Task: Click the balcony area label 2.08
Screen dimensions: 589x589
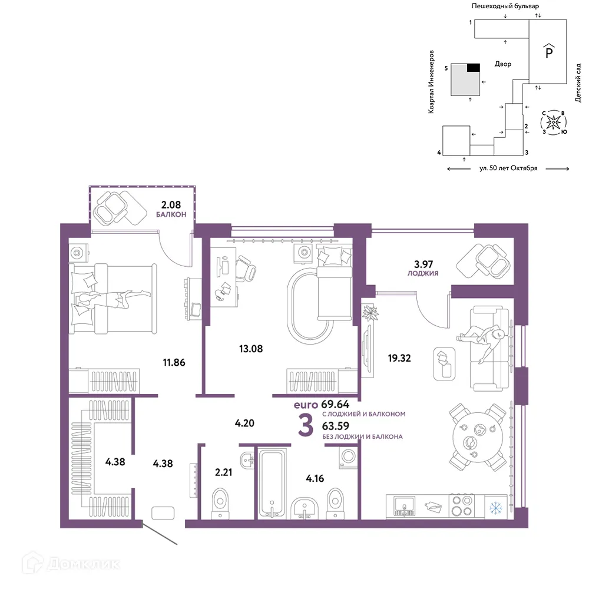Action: [x=171, y=205]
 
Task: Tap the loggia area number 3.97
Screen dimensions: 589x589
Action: [x=423, y=264]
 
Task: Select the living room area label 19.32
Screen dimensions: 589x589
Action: [x=399, y=358]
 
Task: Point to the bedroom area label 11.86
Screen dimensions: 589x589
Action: [x=174, y=362]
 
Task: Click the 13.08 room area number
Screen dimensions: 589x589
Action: [x=251, y=349]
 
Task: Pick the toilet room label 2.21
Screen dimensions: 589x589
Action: [x=223, y=472]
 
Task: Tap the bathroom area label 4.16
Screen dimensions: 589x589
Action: [x=315, y=478]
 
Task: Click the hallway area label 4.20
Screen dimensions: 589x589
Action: [x=244, y=423]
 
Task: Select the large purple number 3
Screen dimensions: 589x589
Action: [x=306, y=426]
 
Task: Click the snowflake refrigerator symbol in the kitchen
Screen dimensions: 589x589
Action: [x=496, y=509]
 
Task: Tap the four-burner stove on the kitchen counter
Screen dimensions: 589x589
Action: [x=462, y=506]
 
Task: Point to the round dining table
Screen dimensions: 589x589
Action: [x=478, y=437]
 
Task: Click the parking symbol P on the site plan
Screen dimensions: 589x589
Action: [x=549, y=51]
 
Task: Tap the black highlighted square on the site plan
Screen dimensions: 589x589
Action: [x=474, y=68]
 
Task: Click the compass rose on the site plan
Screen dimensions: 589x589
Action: [x=553, y=123]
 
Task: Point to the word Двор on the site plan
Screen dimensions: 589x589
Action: [x=503, y=64]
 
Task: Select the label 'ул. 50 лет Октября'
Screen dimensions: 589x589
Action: [x=508, y=168]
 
